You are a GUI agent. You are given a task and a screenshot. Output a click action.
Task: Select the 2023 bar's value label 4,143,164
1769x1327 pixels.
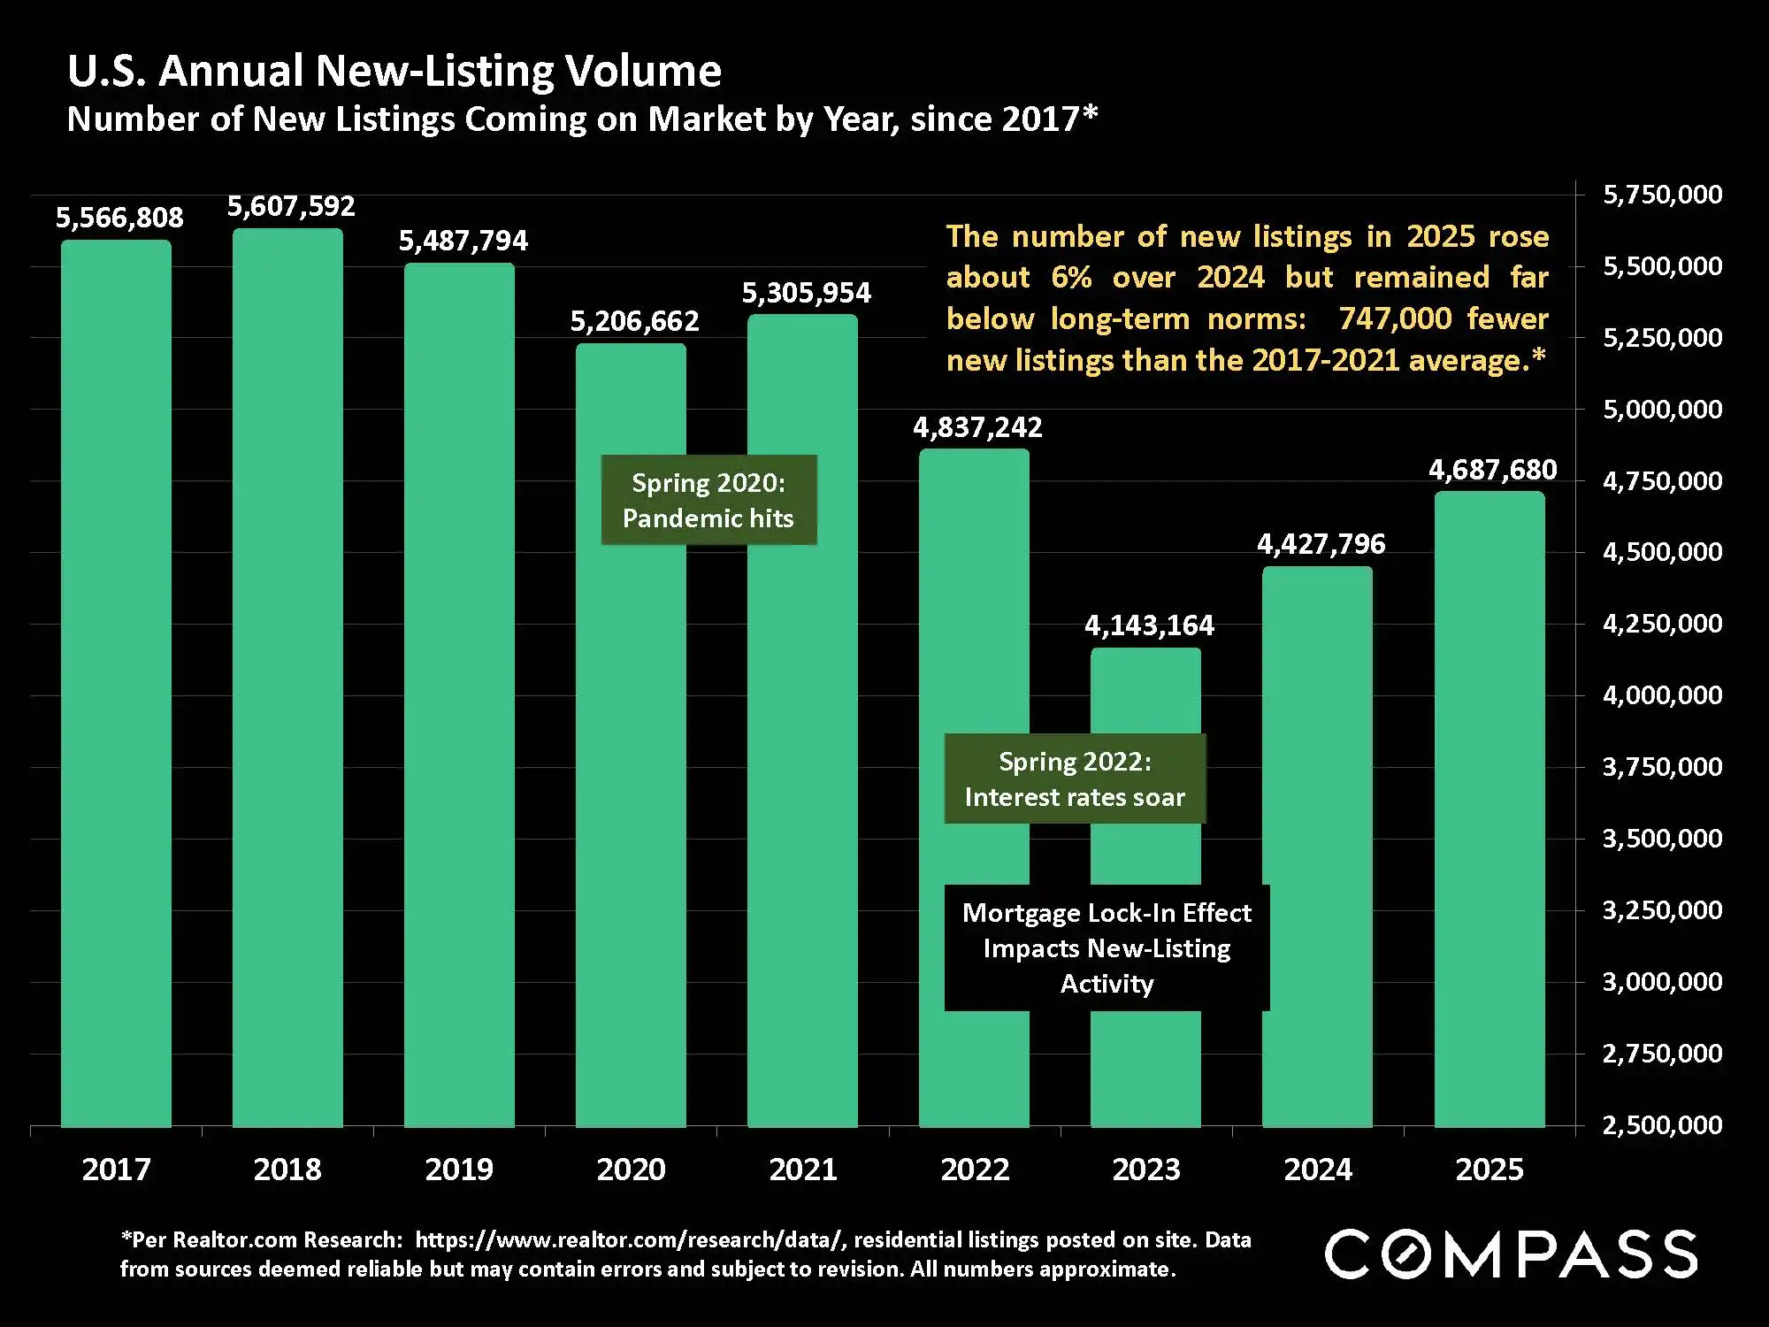[x=1149, y=625]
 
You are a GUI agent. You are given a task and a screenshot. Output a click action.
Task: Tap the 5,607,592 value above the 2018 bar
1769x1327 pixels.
[x=291, y=206]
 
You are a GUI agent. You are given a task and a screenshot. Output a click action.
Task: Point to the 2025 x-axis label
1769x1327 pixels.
[x=1489, y=1170]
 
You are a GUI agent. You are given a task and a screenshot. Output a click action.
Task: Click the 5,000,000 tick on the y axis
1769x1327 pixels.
[x=1662, y=410]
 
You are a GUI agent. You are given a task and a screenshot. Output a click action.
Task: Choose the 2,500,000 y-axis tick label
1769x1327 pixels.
[x=1662, y=1125]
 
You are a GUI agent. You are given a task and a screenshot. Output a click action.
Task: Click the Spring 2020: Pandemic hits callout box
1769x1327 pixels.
[x=708, y=500]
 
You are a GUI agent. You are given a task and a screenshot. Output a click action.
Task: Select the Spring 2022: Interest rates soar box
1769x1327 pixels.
[x=1075, y=779]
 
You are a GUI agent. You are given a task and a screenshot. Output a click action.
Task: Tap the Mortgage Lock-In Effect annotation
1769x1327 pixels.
[x=1107, y=947]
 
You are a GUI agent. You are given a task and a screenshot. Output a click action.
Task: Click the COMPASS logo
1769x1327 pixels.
[x=1510, y=1254]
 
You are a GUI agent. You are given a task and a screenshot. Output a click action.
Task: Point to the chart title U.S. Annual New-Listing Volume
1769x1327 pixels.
[x=394, y=71]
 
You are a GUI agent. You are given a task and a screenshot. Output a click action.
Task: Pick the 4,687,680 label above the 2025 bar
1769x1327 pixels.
[x=1492, y=470]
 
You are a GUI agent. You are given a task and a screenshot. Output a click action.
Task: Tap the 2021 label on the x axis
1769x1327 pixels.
[x=802, y=1170]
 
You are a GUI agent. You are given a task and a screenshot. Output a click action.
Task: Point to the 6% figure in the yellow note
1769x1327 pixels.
[x=1071, y=278]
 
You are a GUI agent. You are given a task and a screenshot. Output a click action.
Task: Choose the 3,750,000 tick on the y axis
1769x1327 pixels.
[x=1662, y=767]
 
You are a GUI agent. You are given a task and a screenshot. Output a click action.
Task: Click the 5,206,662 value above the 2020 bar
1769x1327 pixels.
[x=634, y=321]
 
